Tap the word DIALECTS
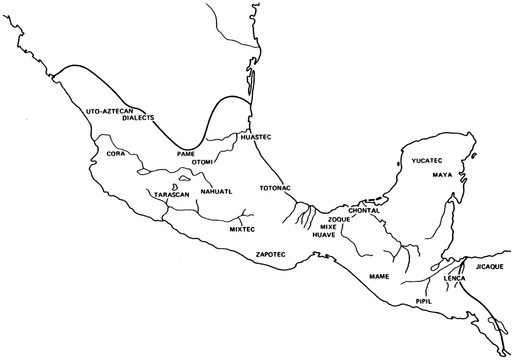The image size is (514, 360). pos(138,117)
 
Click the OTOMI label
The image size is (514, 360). pos(202,161)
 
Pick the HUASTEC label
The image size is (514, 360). pos(256,136)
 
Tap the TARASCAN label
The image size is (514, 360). pos(172,195)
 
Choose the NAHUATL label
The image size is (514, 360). pos(217,191)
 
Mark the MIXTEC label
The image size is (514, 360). pos(243,228)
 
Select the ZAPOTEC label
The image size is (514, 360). pos(270,254)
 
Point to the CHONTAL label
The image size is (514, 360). pos(364,210)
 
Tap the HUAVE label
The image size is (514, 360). pos(324,234)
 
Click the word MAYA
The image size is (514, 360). pos(442,175)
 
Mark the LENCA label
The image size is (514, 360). pos(455,279)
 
